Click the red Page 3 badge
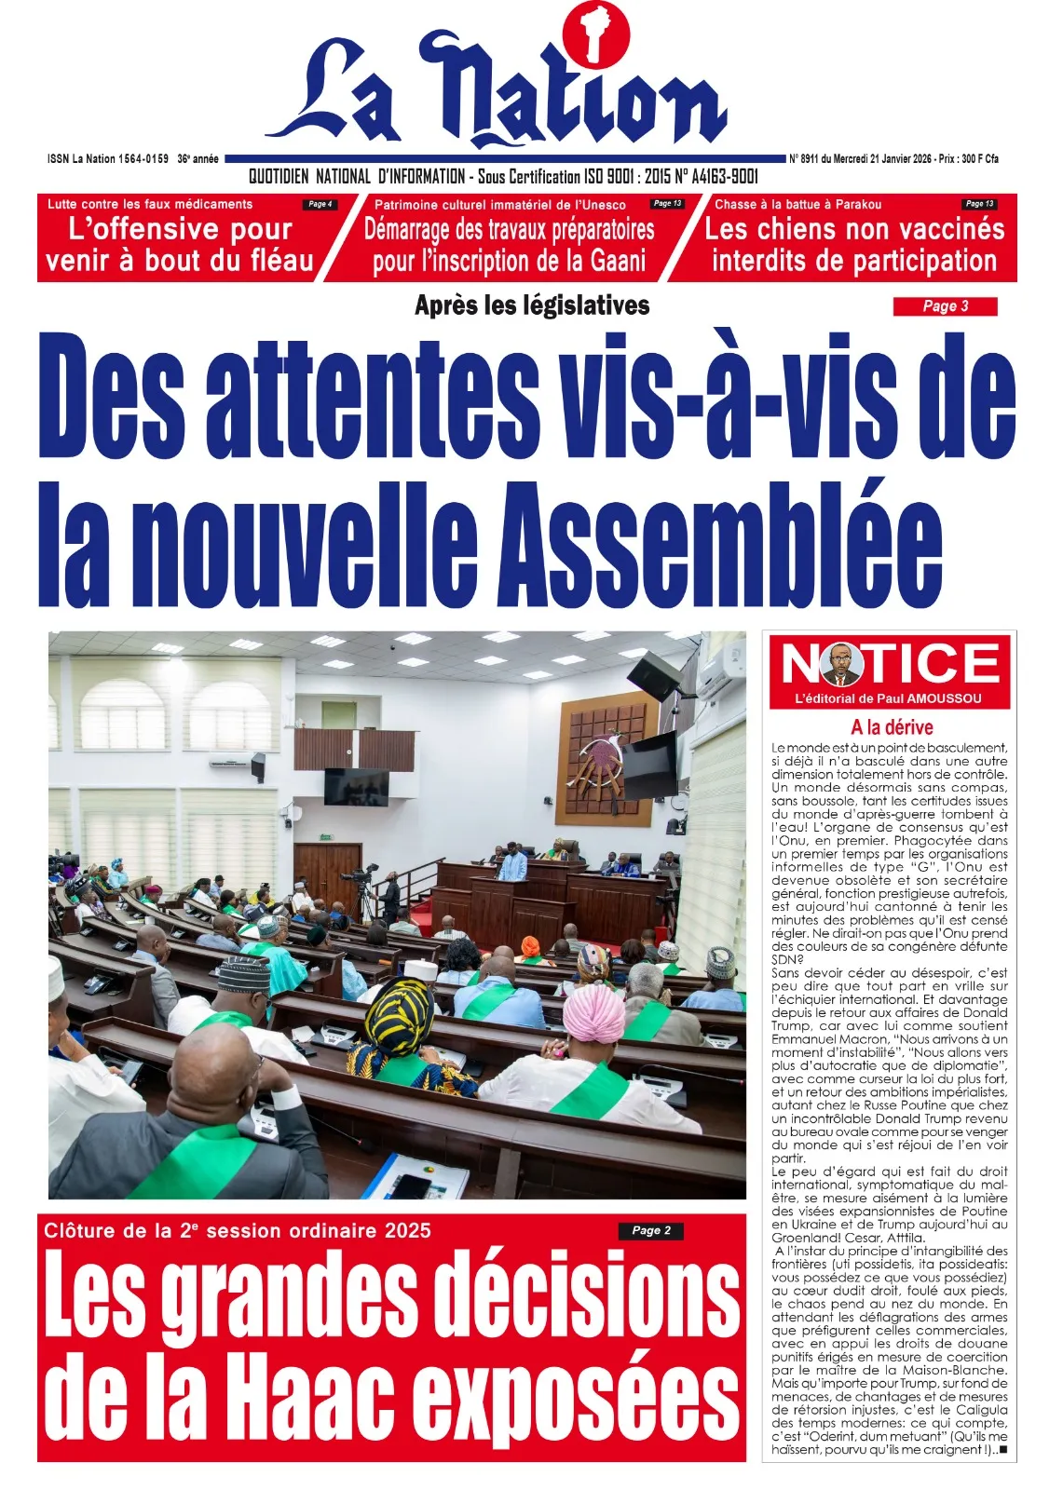coord(945,306)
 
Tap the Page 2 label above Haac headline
coord(650,1230)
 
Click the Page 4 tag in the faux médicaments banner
coord(320,204)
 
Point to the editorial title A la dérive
coord(891,727)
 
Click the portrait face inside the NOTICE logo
coord(842,664)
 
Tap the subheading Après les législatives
coord(532,305)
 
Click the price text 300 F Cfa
coord(974,159)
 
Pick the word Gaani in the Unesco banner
coord(618,262)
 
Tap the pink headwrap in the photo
coord(594,1014)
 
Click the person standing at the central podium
coord(511,863)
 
